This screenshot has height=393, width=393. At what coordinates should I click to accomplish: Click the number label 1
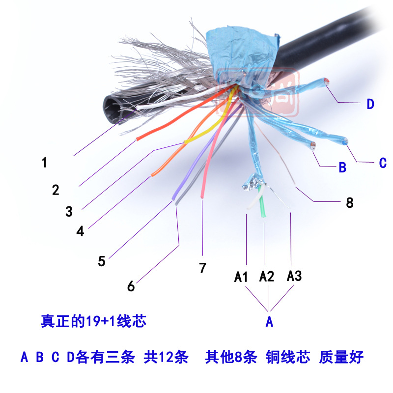coord(45,162)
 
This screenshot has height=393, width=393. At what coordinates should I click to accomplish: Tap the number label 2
coord(56,189)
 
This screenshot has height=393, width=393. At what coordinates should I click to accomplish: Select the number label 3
coord(69,211)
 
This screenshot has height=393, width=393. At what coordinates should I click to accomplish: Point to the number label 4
coord(80,231)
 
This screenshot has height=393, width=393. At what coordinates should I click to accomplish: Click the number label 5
coord(101,260)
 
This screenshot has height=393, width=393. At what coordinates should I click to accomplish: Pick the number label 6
coord(131,286)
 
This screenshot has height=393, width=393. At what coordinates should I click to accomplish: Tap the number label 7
coord(202,268)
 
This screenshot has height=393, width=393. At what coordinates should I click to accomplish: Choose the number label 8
coord(349,202)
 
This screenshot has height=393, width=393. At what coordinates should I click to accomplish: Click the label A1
coord(241,277)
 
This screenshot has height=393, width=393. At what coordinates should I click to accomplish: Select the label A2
coord(266,277)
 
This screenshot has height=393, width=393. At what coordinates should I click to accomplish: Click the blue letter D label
coord(370,104)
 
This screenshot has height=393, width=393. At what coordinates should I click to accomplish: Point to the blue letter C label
coord(383,163)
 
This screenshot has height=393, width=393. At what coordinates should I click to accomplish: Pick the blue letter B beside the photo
coord(342,168)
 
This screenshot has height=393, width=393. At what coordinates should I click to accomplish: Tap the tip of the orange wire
coord(153,173)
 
